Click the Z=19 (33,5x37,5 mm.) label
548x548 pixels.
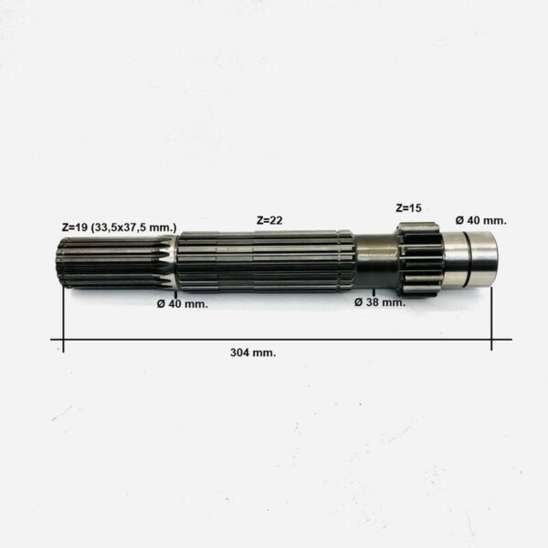pos(119,227)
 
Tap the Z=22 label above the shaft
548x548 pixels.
pos(269,220)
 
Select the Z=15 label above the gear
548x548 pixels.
pos(408,208)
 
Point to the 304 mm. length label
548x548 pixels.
pos(253,353)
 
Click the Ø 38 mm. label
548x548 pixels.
pos(380,302)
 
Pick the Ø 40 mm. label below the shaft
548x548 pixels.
pos(183,304)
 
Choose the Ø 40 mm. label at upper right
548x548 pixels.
pos(481,220)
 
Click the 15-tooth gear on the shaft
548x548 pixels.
pos(420,259)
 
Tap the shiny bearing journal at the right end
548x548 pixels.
pos(470,259)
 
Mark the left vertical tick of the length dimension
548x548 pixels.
pos(63,320)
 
